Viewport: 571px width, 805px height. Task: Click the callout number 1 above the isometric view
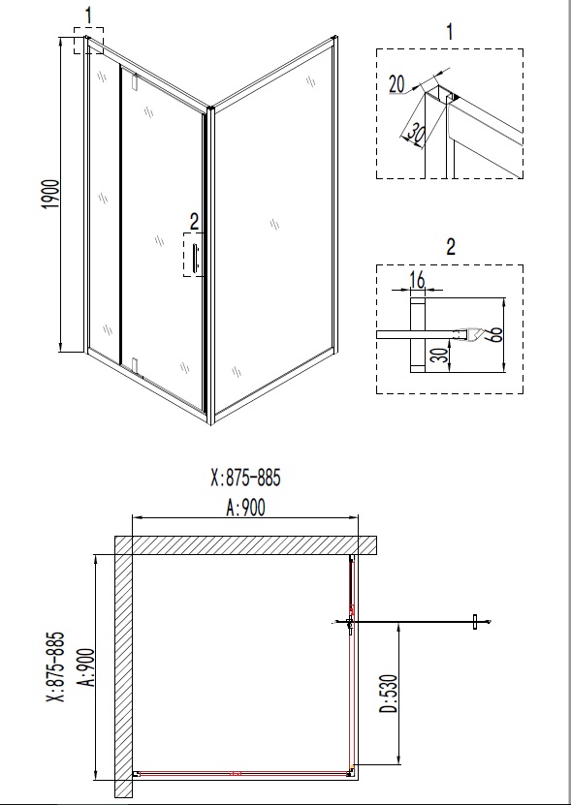click(89, 15)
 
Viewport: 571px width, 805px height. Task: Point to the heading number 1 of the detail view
click(450, 32)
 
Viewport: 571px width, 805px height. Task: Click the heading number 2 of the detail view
click(450, 246)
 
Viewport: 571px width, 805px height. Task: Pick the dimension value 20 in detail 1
click(397, 84)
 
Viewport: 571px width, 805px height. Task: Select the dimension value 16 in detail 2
click(418, 281)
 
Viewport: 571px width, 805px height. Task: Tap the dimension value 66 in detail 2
click(495, 335)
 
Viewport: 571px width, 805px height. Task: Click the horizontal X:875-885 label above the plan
click(250, 478)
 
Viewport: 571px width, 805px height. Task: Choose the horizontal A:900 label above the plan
click(244, 506)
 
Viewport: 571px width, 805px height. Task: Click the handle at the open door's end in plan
click(474, 622)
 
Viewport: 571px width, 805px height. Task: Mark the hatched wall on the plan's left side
click(123, 668)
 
